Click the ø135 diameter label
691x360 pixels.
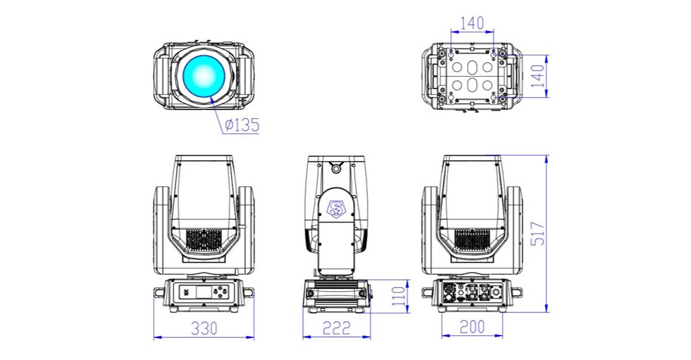click(x=242, y=125)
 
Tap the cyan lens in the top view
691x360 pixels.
click(x=204, y=76)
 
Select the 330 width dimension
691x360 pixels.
click(x=204, y=328)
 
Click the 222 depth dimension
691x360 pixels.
click(x=336, y=328)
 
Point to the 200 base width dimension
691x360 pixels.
click(x=472, y=327)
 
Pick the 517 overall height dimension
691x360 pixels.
click(x=537, y=234)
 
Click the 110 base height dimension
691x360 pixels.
click(x=398, y=296)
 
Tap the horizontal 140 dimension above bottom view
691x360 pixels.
click(x=472, y=24)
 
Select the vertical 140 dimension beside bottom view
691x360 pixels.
click(x=537, y=76)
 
